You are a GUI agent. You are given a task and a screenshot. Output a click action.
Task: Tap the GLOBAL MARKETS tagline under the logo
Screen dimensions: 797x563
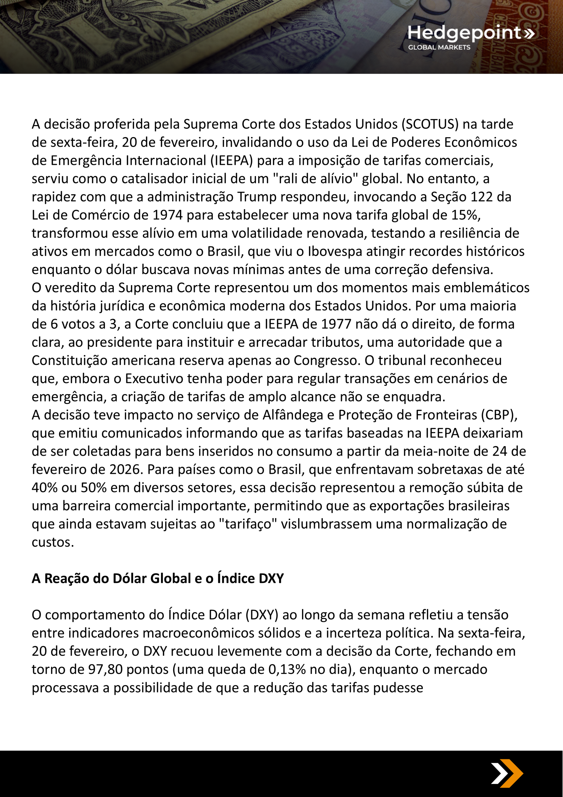pos(439,48)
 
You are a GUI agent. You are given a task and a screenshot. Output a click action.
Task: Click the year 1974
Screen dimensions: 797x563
pos(167,215)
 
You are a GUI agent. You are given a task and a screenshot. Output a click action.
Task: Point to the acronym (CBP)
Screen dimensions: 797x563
pos(499,415)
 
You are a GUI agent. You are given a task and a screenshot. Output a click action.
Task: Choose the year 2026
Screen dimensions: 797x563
pos(126,469)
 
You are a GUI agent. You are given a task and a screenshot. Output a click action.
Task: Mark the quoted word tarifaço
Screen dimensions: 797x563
pos(248,524)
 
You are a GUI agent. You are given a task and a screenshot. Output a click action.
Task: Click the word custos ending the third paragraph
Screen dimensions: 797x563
pos(53,542)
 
